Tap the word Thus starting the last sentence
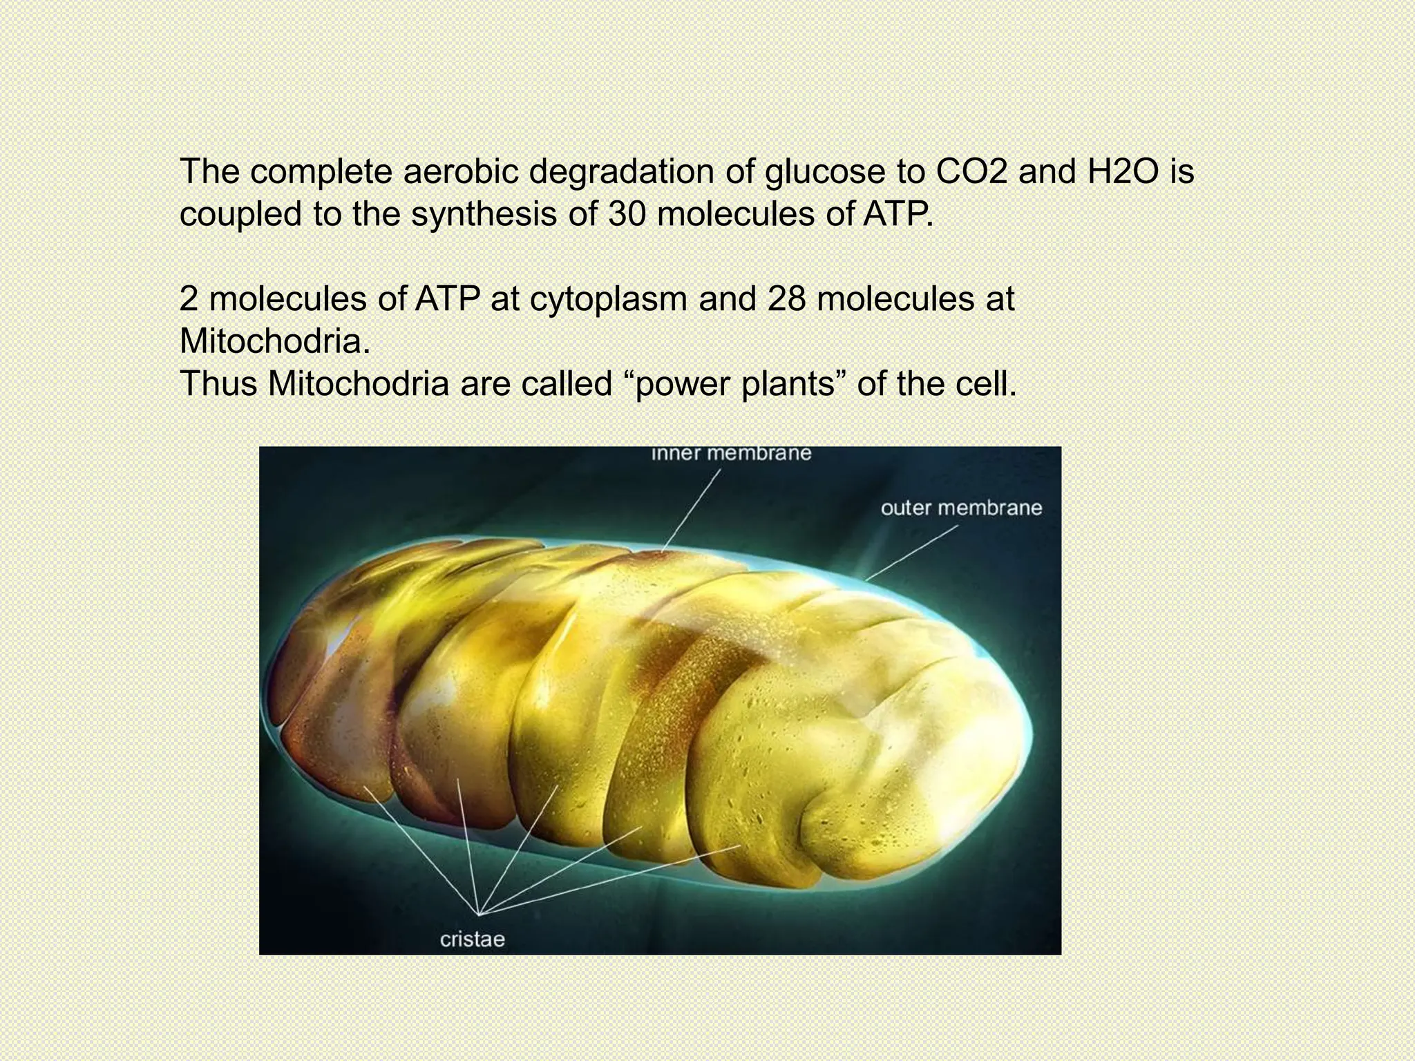pyautogui.click(x=219, y=384)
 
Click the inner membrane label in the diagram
pyautogui.click(x=731, y=454)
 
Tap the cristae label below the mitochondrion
pyautogui.click(x=473, y=939)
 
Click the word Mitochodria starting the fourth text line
pyautogui.click(x=274, y=342)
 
